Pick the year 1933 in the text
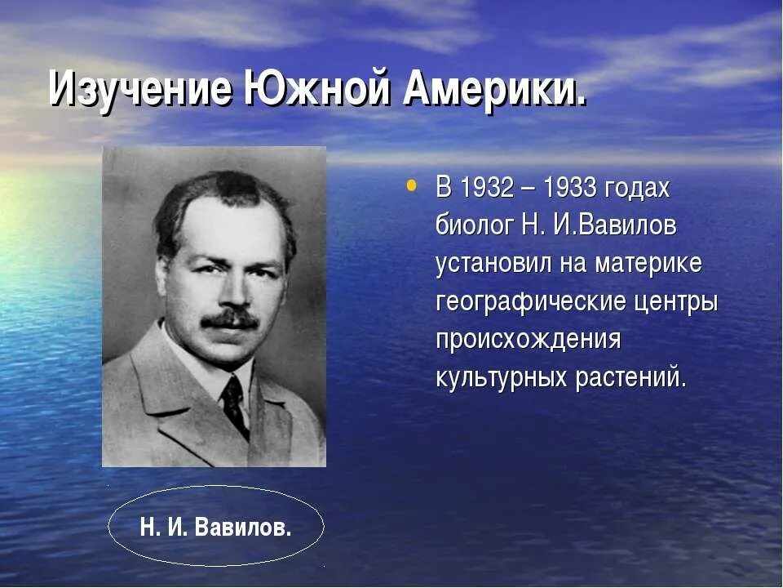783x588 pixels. click(570, 189)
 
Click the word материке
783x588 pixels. click(648, 265)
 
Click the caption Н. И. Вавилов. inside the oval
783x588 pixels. click(215, 527)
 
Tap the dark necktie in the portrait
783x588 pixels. click(235, 403)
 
